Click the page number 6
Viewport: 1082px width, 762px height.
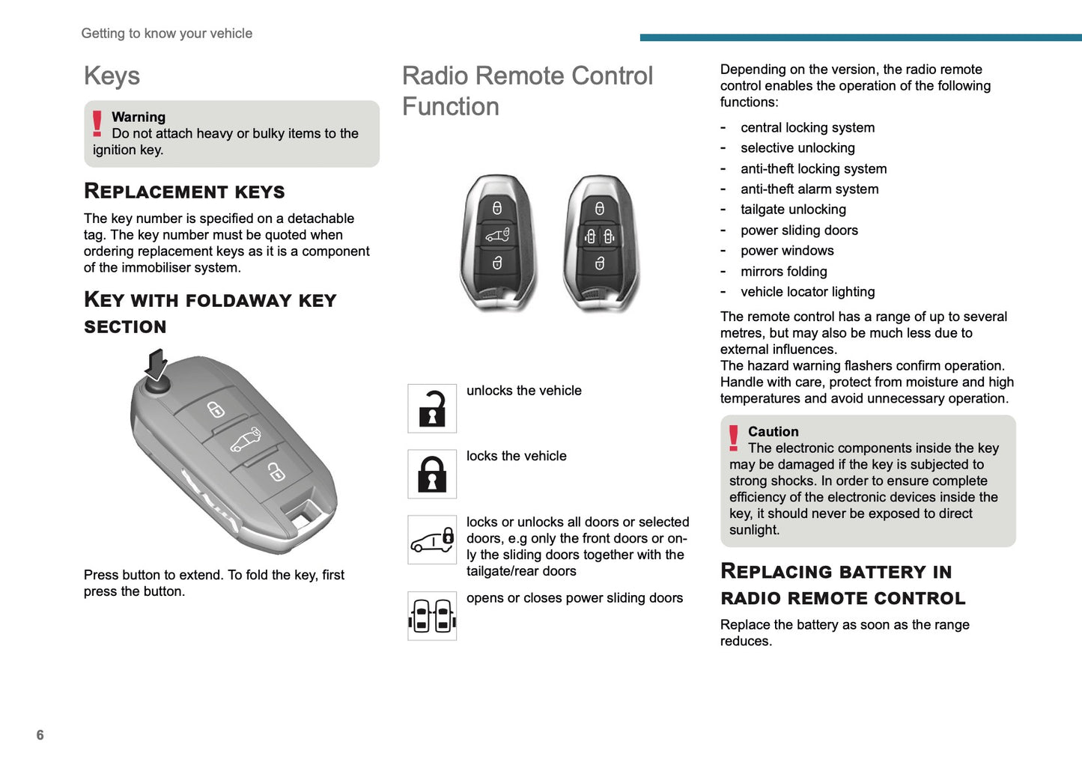tap(40, 735)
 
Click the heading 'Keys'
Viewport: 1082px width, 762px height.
tap(112, 76)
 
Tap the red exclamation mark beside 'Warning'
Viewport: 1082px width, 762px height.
tap(97, 124)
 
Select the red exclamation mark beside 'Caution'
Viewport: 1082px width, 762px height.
tap(734, 438)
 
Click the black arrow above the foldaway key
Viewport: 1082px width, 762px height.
tap(156, 365)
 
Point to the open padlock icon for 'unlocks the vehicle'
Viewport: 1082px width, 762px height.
tap(432, 409)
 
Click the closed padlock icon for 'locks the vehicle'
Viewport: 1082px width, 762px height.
tap(432, 474)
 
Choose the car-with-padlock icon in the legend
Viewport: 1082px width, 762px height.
tap(432, 540)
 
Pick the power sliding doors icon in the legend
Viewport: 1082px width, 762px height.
tap(432, 616)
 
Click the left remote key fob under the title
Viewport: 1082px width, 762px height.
tap(497, 243)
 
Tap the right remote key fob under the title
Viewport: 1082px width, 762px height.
tap(600, 243)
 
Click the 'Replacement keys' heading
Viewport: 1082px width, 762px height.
tap(184, 192)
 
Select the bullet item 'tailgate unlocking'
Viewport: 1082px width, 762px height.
tap(793, 210)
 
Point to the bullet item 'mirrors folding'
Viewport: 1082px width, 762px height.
tap(783, 272)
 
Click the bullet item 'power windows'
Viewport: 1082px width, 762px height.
tap(787, 251)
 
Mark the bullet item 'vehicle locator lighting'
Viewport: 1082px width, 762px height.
tap(807, 292)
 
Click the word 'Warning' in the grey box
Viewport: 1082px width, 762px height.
tap(139, 117)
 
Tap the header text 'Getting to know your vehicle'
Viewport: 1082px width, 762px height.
tap(166, 34)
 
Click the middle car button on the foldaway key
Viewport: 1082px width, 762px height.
tap(246, 441)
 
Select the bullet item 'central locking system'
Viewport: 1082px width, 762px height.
tap(807, 128)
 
